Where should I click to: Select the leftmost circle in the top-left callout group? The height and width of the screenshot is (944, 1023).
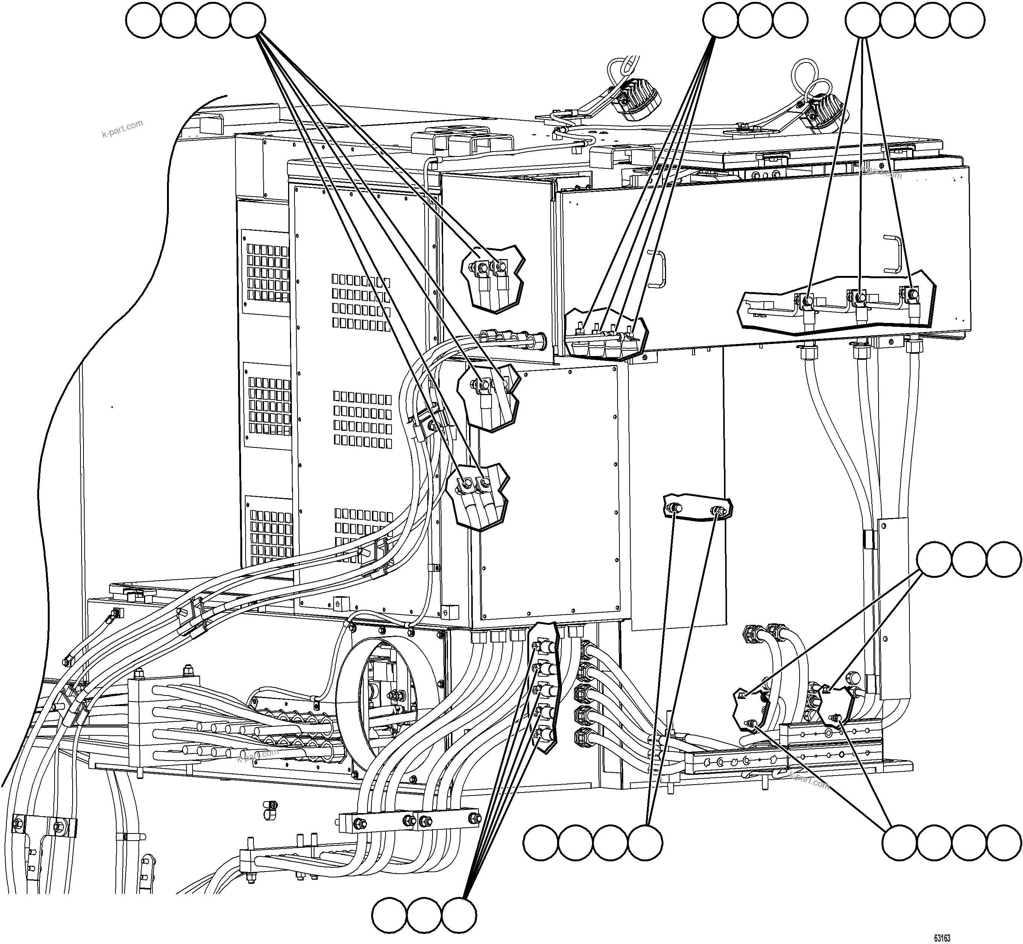point(144,20)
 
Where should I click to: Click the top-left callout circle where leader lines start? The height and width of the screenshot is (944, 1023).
point(248,20)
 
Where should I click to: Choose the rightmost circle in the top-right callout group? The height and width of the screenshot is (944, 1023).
point(967,20)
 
